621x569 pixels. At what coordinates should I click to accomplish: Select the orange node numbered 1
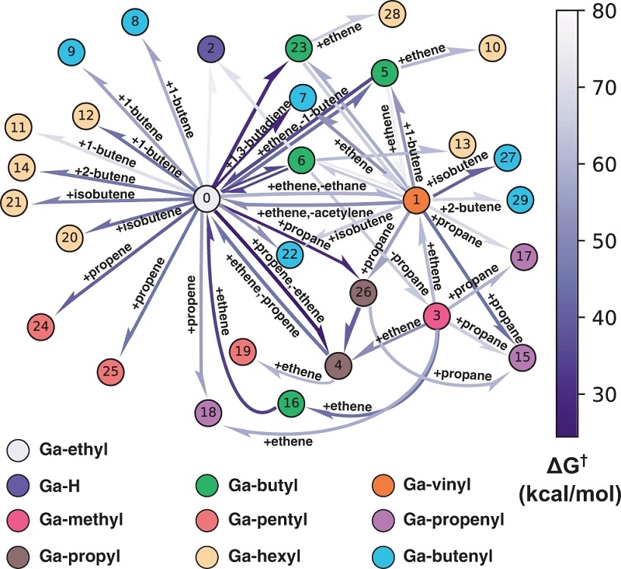coord(416,201)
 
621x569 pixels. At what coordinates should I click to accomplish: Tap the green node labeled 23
coord(299,48)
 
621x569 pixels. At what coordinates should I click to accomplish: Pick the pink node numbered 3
coord(437,316)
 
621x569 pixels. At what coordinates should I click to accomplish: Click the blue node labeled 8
coord(135,22)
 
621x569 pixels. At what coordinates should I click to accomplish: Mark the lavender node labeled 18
coord(208,412)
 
